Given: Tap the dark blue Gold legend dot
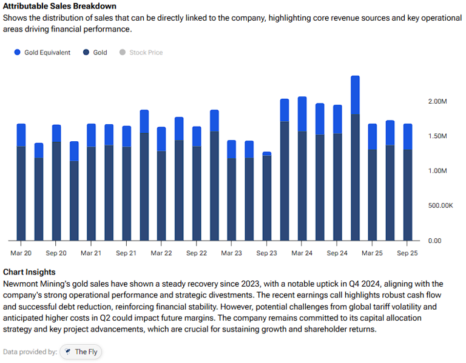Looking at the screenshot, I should [87, 53].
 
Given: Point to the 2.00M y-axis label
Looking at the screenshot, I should [437, 101].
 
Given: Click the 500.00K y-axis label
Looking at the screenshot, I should [440, 206].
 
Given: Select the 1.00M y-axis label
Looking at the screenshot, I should [437, 171].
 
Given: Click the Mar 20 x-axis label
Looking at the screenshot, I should [21, 253].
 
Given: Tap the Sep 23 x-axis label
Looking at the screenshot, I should [266, 253].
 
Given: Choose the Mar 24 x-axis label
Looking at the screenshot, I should [302, 253].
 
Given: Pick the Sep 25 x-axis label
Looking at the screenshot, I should [407, 253].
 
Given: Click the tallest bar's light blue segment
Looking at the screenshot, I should [355, 95].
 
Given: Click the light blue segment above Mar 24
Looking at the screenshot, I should [302, 114].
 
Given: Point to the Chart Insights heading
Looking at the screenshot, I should [29, 272].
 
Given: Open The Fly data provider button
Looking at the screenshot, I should [80, 351].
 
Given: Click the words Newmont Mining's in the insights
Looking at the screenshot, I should [31, 284].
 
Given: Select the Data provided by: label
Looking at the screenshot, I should [30, 351].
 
